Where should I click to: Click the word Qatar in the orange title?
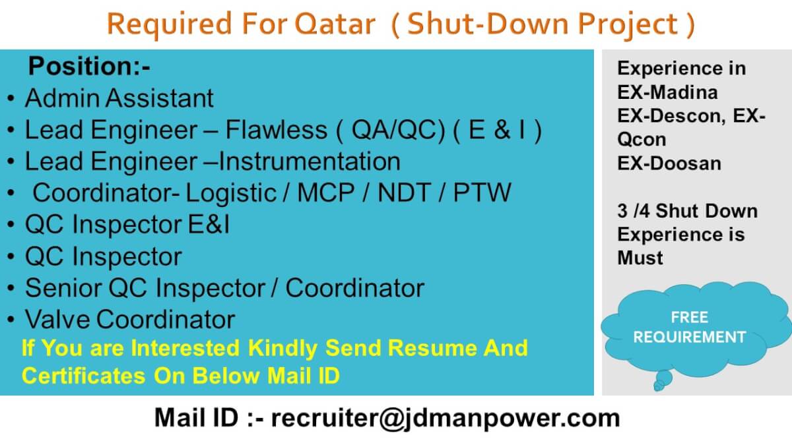(x=335, y=24)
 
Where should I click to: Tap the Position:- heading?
(x=90, y=66)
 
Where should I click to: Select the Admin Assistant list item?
(x=119, y=98)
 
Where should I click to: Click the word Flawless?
(x=277, y=130)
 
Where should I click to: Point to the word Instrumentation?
(x=310, y=162)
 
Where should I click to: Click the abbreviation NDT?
(x=405, y=193)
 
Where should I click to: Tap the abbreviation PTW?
(x=482, y=193)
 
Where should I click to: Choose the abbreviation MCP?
(x=325, y=193)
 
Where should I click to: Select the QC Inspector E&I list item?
(x=127, y=225)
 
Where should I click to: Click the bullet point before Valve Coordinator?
(x=11, y=320)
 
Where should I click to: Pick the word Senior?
(x=63, y=288)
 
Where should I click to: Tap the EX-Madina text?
(x=667, y=92)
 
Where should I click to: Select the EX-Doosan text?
(x=669, y=163)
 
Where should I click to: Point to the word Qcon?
(x=642, y=140)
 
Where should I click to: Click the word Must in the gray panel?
(x=640, y=258)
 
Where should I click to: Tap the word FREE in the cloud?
(x=690, y=318)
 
